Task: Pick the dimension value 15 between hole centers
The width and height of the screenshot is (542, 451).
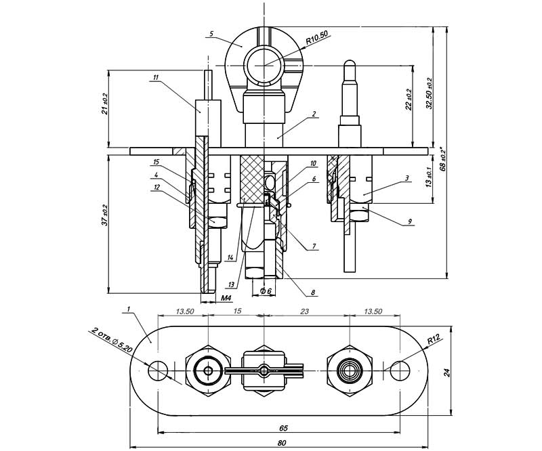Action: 236,311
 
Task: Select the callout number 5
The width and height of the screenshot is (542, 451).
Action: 211,33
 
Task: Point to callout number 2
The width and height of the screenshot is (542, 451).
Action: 315,116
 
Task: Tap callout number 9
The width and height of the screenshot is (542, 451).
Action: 410,220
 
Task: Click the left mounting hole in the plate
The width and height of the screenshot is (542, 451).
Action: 158,370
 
